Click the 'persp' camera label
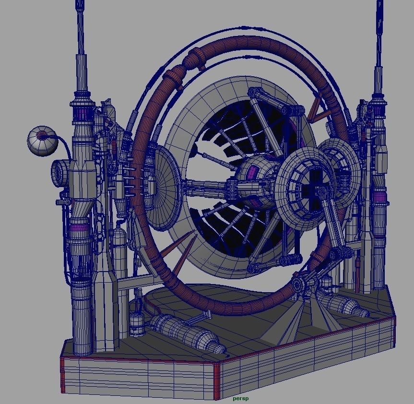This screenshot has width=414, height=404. [240, 398]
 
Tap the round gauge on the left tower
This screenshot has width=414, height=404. [60, 171]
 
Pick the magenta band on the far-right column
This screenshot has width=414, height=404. [380, 197]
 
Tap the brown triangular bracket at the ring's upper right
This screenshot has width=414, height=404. [317, 110]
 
